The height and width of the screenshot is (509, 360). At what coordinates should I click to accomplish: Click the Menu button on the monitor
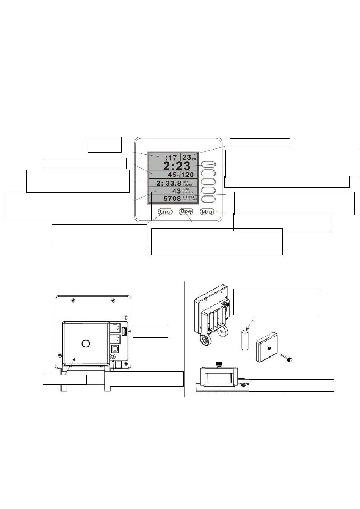click(x=207, y=212)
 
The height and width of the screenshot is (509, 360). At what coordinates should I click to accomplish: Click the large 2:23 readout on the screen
click(x=177, y=166)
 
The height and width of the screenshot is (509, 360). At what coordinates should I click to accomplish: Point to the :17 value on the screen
click(x=171, y=157)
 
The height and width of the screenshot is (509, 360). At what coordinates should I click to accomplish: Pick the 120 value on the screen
click(x=187, y=175)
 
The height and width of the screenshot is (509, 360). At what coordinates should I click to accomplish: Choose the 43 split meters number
click(x=177, y=191)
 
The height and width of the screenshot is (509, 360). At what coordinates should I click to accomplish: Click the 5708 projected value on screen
click(x=172, y=198)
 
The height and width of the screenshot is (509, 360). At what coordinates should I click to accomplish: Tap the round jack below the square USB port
click(x=113, y=357)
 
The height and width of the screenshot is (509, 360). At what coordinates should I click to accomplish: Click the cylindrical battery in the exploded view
click(x=244, y=340)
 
